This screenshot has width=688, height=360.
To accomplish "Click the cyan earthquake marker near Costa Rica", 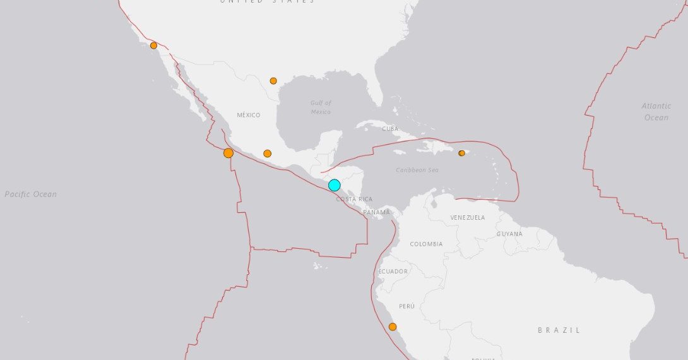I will pos(335,185).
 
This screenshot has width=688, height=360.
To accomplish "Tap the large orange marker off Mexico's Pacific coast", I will pos(228,153).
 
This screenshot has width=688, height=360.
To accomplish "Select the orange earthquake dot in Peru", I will pos(393,327).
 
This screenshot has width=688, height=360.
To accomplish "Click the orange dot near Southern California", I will pos(153,45).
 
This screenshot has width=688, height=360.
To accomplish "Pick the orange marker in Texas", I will pos(273,81).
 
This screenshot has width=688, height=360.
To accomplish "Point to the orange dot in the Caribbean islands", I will pos(461,153).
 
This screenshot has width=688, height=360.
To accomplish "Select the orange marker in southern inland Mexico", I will pos(267,153).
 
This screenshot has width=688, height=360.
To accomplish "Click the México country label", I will pos(249,115).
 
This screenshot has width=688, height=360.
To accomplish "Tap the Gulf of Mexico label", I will pos(321,107).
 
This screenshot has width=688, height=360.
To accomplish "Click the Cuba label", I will pos(391,128).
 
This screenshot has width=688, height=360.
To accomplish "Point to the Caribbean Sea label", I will pos(417,170).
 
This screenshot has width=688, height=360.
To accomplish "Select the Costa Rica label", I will pos(354,199).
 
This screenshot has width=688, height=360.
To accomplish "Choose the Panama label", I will pos(377,212).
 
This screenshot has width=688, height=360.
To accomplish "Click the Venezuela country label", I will pos(468,217).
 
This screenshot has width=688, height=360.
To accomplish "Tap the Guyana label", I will pos(509,234).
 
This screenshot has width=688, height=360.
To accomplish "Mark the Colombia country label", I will pos(426,244).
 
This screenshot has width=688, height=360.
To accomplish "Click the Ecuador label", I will pos(393,271).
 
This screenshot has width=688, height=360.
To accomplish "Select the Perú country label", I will pos(407,306).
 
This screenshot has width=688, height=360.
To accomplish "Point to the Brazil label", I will pos(559,330).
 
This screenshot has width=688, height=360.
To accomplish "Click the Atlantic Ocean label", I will pos(656,112).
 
